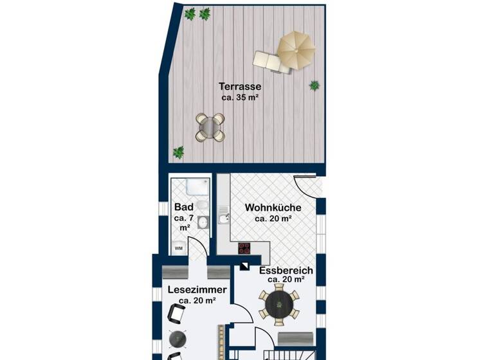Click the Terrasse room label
(239, 86)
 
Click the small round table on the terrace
(210, 127)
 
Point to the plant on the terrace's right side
(315, 85)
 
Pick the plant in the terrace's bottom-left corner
(178, 152)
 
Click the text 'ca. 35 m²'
(239, 98)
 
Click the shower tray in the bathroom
(197, 188)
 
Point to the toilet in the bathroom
(203, 205)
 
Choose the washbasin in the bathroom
(203, 222)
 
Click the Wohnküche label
(273, 208)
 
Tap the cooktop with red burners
(244, 248)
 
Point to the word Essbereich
(286, 271)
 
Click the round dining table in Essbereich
(279, 305)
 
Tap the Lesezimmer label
(197, 290)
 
